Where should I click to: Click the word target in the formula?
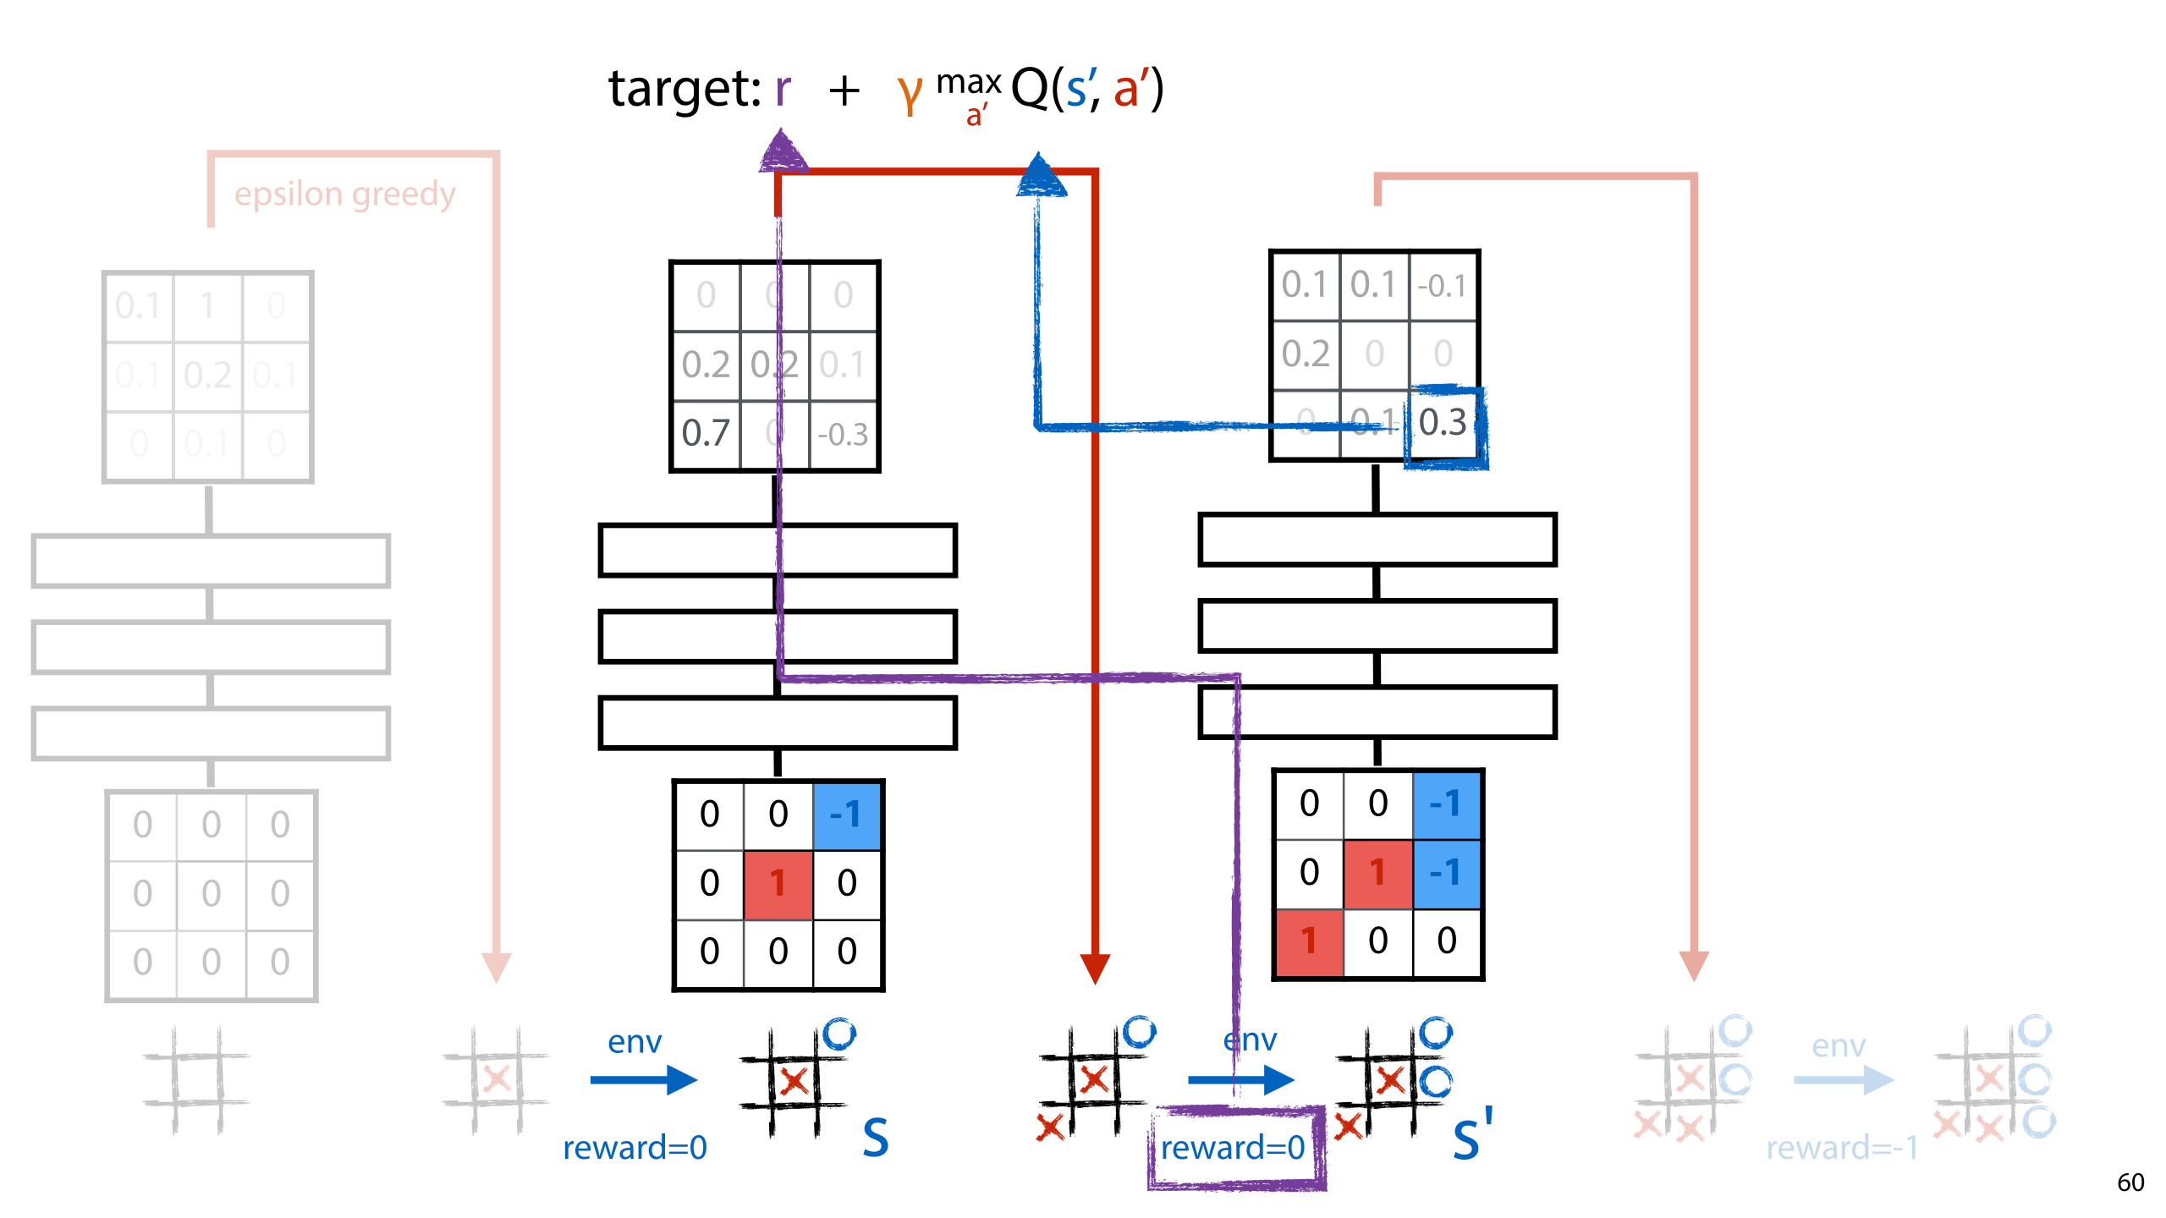pos(684,90)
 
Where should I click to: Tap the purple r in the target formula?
pos(783,90)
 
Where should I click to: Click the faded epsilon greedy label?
pos(344,195)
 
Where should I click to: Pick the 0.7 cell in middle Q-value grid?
pos(706,434)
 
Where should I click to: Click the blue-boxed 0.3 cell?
pos(1443,423)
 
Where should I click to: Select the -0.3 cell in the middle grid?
pos(843,435)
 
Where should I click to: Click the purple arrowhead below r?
pos(782,152)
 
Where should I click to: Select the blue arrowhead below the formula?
pos(1040,176)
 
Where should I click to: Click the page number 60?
pos(2130,1182)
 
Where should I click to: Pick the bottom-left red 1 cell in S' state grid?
pos(1309,941)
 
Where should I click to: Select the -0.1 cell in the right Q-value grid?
pos(1442,286)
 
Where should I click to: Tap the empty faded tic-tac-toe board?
pos(196,1080)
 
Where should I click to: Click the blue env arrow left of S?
pos(643,1079)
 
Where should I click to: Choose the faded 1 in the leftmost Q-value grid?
pos(207,306)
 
